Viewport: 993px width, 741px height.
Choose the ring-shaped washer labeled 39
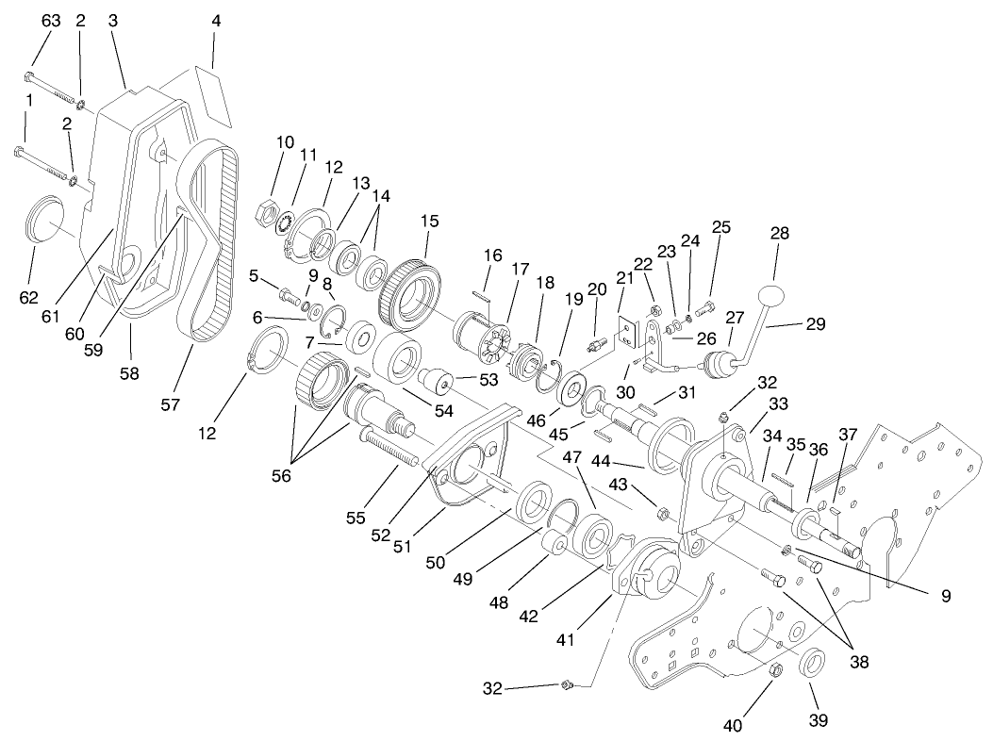[x=813, y=663]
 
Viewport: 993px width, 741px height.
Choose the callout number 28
[x=780, y=233]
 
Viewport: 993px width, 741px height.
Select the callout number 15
[x=430, y=222]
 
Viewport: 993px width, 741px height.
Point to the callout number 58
[x=129, y=372]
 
